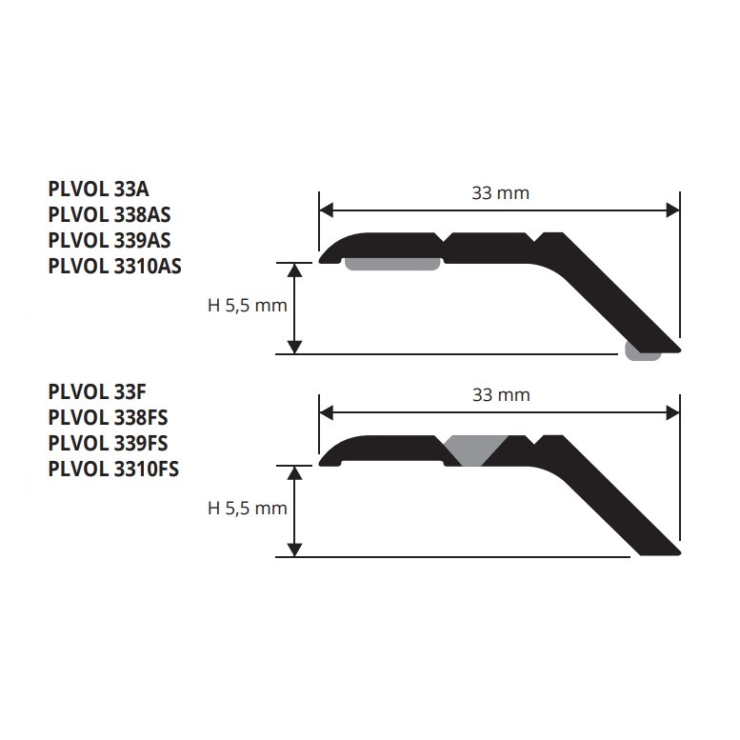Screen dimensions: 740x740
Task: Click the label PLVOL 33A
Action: point(99,190)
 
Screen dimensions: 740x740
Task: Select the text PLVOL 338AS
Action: point(110,214)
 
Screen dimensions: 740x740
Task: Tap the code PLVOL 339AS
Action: point(110,240)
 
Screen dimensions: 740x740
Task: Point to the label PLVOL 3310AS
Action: point(114,266)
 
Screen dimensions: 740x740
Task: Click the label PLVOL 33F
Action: point(97,391)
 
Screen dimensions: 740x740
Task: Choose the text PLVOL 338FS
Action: point(108,418)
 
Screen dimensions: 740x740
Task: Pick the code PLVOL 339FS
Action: point(108,443)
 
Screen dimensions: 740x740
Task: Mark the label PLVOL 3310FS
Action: point(113,470)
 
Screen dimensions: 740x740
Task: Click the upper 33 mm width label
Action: point(501,193)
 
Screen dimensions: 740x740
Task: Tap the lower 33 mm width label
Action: point(501,395)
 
